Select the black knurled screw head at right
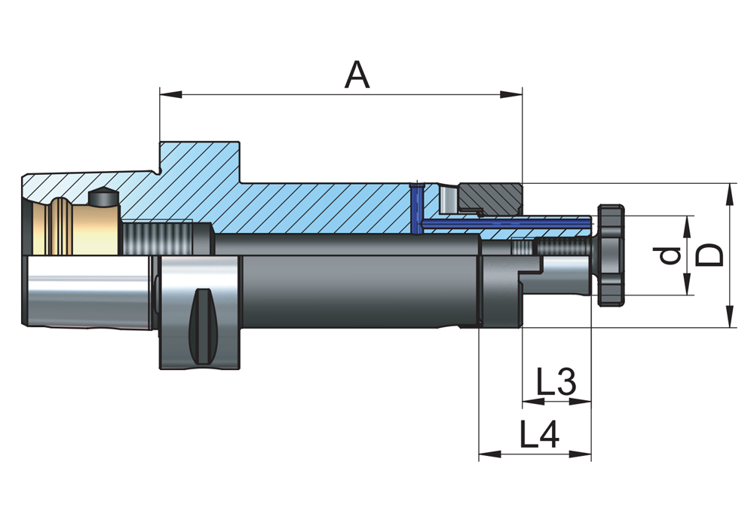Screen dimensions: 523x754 click(x=611, y=255)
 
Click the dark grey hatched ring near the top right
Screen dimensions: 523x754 click(x=490, y=197)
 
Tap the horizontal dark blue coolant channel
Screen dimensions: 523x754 click(x=505, y=224)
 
